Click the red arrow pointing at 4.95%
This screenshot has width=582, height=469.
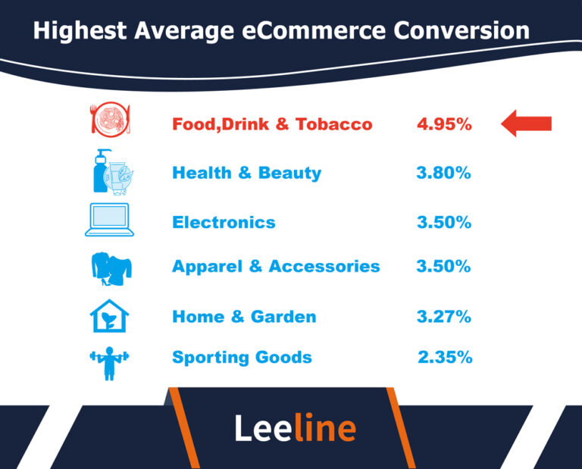527,124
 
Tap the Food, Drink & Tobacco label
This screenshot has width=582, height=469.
272,124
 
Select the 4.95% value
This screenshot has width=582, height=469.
444,124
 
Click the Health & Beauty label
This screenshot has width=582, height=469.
246,173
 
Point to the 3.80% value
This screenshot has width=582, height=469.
444,173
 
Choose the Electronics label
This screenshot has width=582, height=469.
224,223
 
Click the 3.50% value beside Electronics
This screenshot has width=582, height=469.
444,223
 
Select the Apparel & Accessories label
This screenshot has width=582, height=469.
276,267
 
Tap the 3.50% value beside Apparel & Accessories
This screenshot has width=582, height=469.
444,267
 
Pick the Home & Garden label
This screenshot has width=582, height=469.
244,317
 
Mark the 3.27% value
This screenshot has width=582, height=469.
444,317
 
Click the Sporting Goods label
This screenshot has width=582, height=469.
242,358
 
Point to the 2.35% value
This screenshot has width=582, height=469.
445,358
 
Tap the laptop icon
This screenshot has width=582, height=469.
109,220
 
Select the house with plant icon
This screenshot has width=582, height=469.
108,317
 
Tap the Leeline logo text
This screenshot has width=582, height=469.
295,429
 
